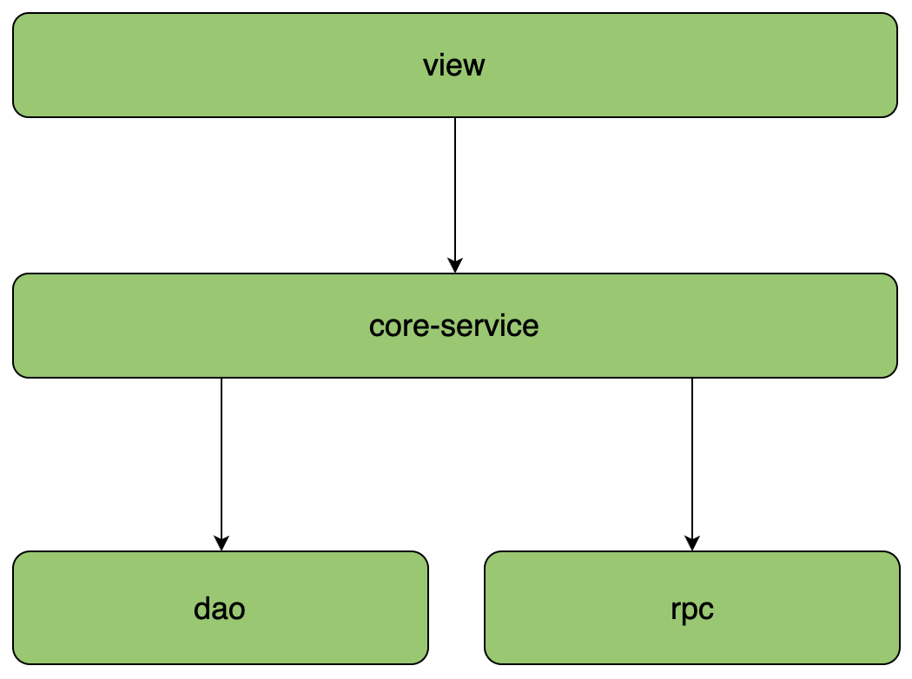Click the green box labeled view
tap(455, 65)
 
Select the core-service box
tap(455, 326)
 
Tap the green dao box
tap(221, 608)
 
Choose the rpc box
tap(692, 608)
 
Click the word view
tap(453, 65)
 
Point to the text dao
tap(219, 609)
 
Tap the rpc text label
tap(692, 610)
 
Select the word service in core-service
tap(490, 326)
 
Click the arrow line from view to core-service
tap(455, 195)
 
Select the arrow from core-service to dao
tap(221, 465)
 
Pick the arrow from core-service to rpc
tap(692, 465)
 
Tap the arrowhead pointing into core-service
tap(455, 266)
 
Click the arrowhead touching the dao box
tap(221, 544)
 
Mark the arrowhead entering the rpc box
tap(692, 544)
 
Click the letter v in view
tap(430, 68)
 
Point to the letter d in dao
tap(202, 609)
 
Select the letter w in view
tap(473, 68)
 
